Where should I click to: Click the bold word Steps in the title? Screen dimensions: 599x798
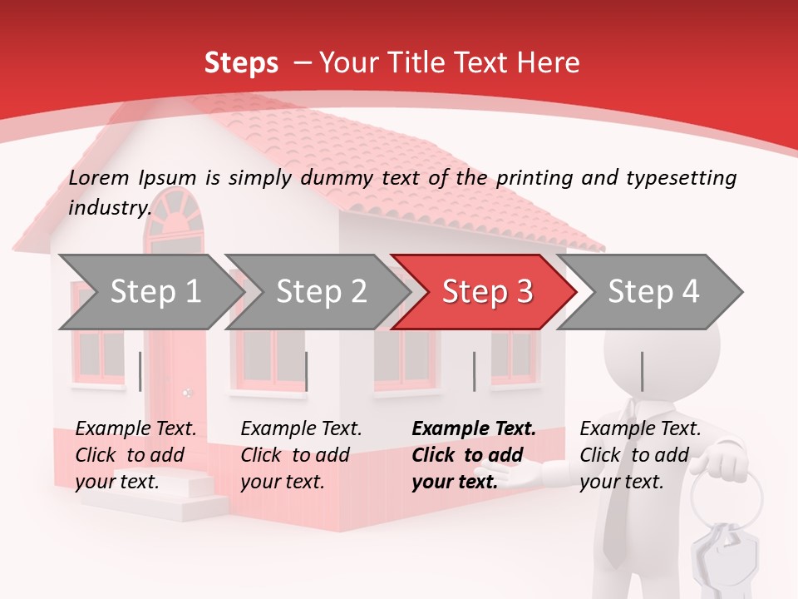(x=241, y=62)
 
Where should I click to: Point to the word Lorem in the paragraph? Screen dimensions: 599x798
(x=99, y=177)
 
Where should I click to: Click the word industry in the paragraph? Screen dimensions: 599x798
(x=109, y=207)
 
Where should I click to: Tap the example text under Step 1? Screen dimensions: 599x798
(x=135, y=455)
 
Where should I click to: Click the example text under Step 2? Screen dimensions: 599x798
(x=301, y=455)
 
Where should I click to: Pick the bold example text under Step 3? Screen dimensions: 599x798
(x=473, y=455)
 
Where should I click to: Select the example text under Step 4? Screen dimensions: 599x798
(x=640, y=455)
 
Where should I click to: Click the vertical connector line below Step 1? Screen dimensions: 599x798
(x=140, y=371)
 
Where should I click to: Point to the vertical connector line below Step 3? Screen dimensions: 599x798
(x=474, y=371)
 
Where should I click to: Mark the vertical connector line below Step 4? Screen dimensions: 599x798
(x=642, y=371)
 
